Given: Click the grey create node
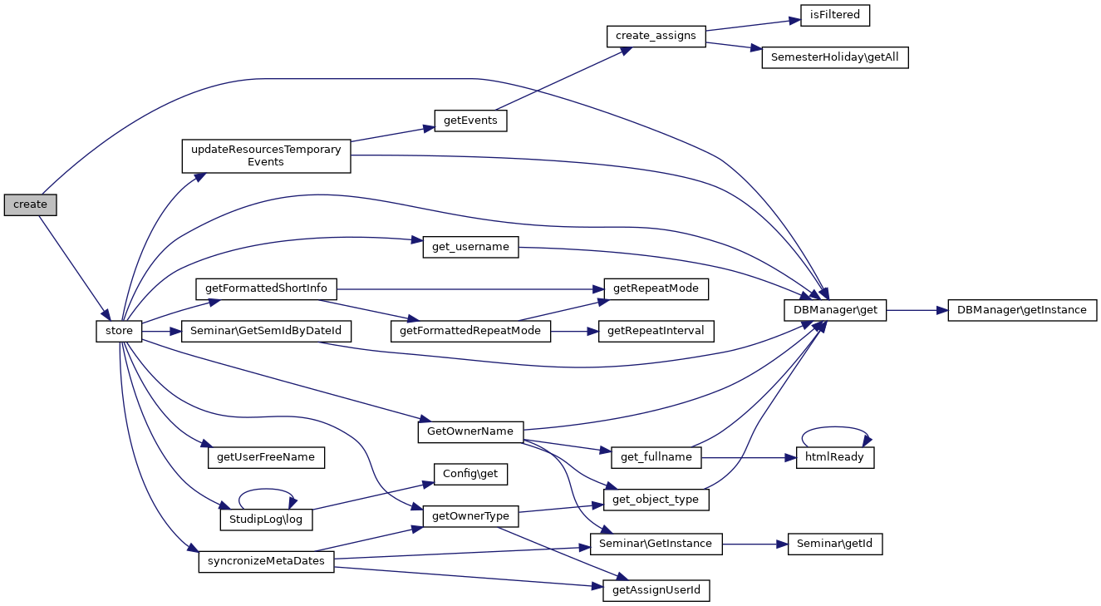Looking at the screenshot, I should [30, 204].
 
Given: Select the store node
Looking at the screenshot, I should [120, 332].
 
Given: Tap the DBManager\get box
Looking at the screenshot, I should [835, 310].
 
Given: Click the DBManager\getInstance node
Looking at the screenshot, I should [1021, 310].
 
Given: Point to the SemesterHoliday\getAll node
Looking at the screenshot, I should [834, 58].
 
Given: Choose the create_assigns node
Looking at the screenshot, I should [656, 36].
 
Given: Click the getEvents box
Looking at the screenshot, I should [470, 121].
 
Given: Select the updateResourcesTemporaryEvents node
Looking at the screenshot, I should [266, 155].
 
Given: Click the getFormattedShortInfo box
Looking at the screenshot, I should [266, 289].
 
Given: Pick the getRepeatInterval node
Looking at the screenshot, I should [656, 331].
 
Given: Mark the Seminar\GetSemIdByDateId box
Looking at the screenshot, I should [266, 332].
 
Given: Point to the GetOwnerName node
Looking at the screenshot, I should [470, 431].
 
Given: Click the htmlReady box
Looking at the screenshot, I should [834, 457].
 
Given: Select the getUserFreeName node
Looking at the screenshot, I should [266, 457].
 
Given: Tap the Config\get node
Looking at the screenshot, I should [470, 474].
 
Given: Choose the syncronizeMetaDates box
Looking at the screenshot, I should [266, 562].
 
